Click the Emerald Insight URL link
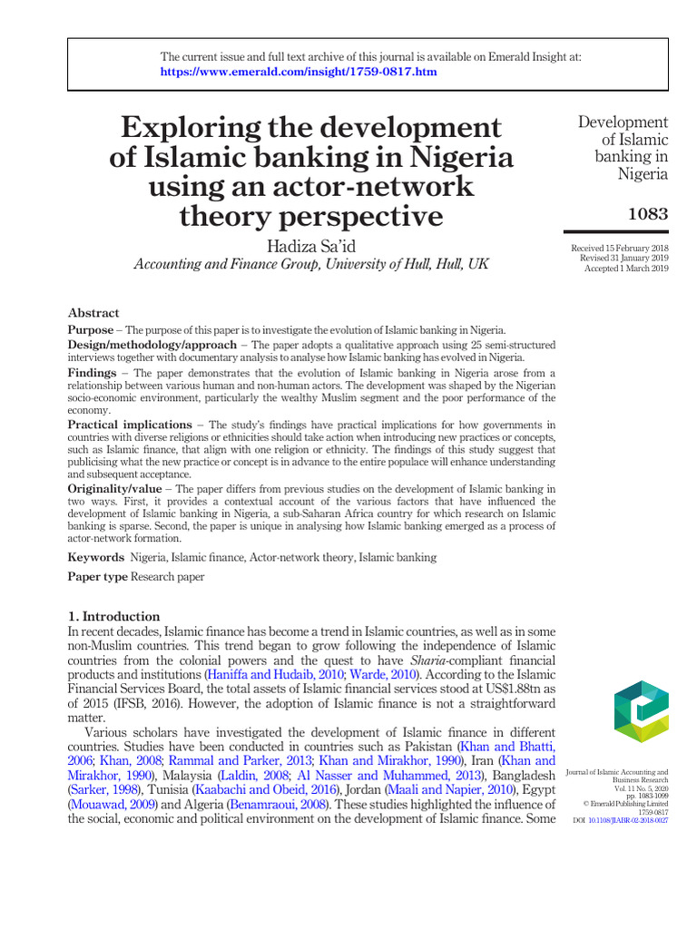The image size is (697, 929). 299,72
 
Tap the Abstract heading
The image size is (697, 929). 93,313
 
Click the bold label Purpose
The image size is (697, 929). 91,329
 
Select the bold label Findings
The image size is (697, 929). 92,373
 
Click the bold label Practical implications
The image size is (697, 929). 130,425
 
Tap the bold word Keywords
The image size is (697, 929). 96,557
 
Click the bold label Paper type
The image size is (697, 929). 98,577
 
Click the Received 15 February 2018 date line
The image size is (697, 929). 619,248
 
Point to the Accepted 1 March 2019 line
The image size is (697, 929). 626,269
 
